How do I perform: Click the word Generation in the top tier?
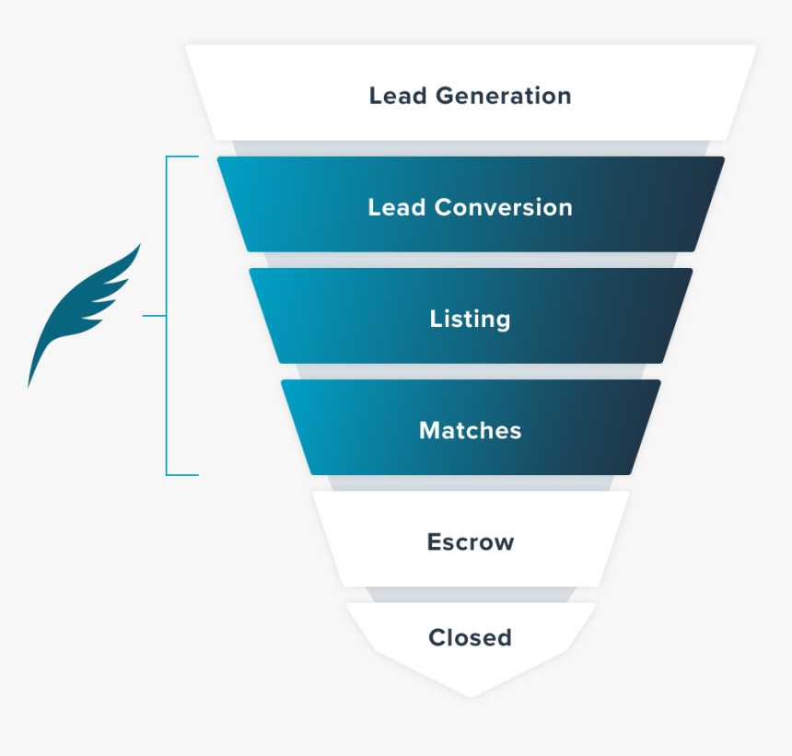click(504, 96)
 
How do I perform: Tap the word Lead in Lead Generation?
click(398, 96)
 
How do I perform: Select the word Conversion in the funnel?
click(504, 207)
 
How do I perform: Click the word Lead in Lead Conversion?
click(397, 207)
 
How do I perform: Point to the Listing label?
click(471, 320)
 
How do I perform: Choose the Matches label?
click(471, 431)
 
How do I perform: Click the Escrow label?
click(471, 542)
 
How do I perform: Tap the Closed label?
click(471, 638)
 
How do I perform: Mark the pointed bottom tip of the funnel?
click(471, 698)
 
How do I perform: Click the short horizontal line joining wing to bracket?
click(155, 316)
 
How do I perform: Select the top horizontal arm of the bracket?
click(182, 157)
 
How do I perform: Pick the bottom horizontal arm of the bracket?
click(182, 475)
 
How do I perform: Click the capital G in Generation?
click(447, 96)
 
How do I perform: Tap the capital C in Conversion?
click(445, 207)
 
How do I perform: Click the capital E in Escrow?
click(436, 542)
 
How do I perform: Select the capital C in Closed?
click(438, 638)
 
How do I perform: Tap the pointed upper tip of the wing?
click(140, 244)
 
